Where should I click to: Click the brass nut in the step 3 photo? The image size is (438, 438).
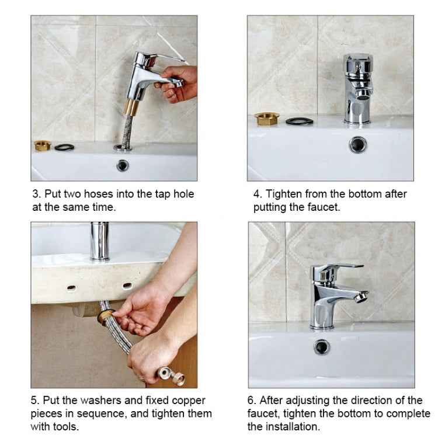(x=41, y=145)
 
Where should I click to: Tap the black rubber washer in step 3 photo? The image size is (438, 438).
(x=63, y=147)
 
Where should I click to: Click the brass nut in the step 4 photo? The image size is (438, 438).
(x=266, y=119)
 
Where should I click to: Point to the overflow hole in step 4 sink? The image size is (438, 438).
(x=358, y=144)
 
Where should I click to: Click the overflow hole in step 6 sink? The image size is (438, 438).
(x=321, y=347)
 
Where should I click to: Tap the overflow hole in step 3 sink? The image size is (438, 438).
(x=123, y=165)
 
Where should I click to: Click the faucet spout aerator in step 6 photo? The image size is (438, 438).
(x=361, y=296)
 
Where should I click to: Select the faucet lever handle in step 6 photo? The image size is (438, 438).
(x=345, y=267)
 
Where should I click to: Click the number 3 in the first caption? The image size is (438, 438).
(x=34, y=194)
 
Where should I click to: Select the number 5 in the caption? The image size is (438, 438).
(x=34, y=401)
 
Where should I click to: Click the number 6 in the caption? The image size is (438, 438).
(x=251, y=401)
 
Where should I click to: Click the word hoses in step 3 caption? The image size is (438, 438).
(x=99, y=194)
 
